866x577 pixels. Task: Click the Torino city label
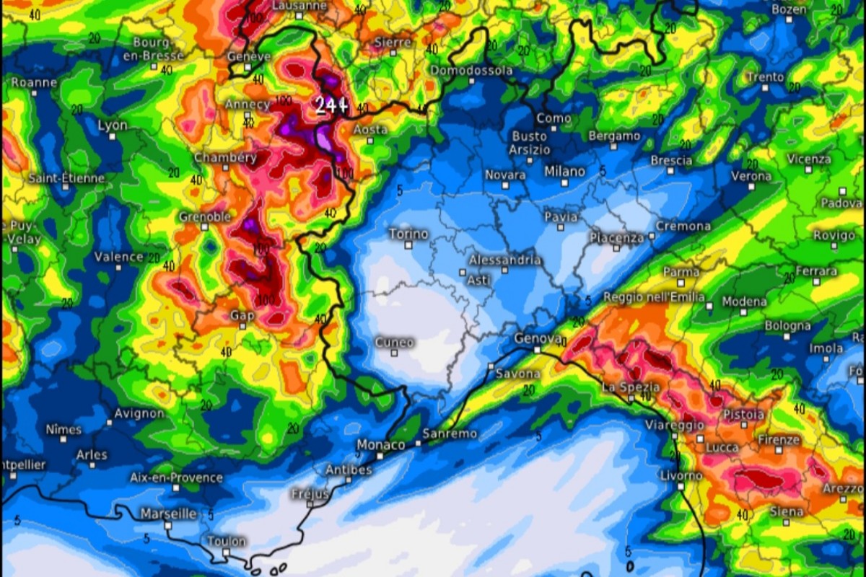coord(408,234)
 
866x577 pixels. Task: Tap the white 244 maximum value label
coord(331,106)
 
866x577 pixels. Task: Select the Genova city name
coord(538,338)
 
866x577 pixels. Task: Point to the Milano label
coord(564,172)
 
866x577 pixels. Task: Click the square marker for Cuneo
coord(394,353)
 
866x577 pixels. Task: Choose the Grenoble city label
coord(206,216)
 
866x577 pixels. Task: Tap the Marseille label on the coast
coord(168,514)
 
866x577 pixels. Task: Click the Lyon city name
coord(113,125)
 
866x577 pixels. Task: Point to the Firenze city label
coord(779,439)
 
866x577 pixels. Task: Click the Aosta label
coord(370,130)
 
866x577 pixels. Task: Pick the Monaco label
coord(381,445)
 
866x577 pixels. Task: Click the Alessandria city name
coord(504,260)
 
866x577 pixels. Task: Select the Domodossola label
coord(471,71)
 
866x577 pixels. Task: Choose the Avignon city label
coord(139,414)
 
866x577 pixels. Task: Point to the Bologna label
coord(787,326)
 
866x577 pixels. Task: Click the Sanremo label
coord(450,433)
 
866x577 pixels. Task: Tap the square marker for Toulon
coord(226,552)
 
